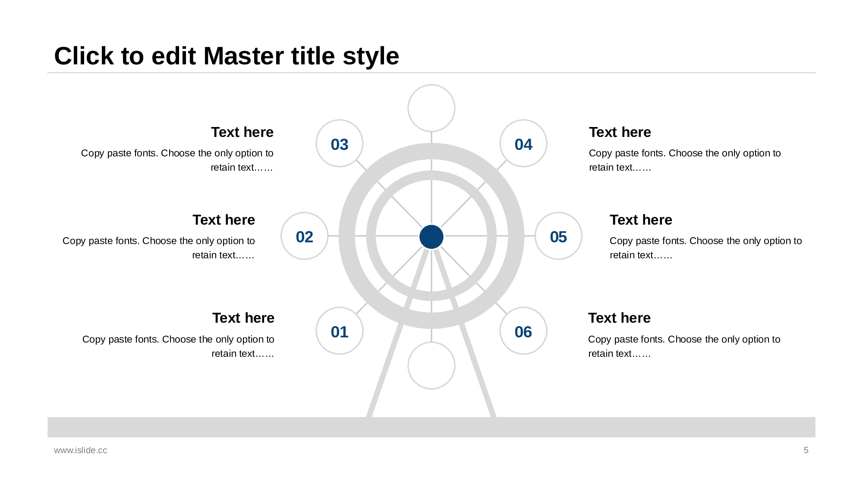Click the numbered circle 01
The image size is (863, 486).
(x=340, y=331)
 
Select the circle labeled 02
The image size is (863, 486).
(x=305, y=236)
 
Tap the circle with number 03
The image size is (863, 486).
(x=340, y=143)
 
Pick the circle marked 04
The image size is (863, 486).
(x=523, y=143)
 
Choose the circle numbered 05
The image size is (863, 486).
(x=558, y=236)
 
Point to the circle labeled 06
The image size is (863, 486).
(x=523, y=331)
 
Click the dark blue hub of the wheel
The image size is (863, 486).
(x=431, y=237)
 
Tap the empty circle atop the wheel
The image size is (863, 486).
(x=431, y=108)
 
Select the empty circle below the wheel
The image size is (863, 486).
(x=431, y=365)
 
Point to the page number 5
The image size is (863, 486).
(x=806, y=450)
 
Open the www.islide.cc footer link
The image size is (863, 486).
(x=81, y=450)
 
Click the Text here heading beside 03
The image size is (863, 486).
(x=242, y=132)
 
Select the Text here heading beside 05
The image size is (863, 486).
(x=641, y=220)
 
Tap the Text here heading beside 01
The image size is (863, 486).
(x=243, y=318)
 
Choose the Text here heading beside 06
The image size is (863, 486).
(x=619, y=318)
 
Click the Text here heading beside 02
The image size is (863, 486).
(x=224, y=220)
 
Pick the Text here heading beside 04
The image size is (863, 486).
(x=620, y=132)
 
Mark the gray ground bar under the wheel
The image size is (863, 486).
(x=431, y=427)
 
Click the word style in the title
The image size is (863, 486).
(x=371, y=56)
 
